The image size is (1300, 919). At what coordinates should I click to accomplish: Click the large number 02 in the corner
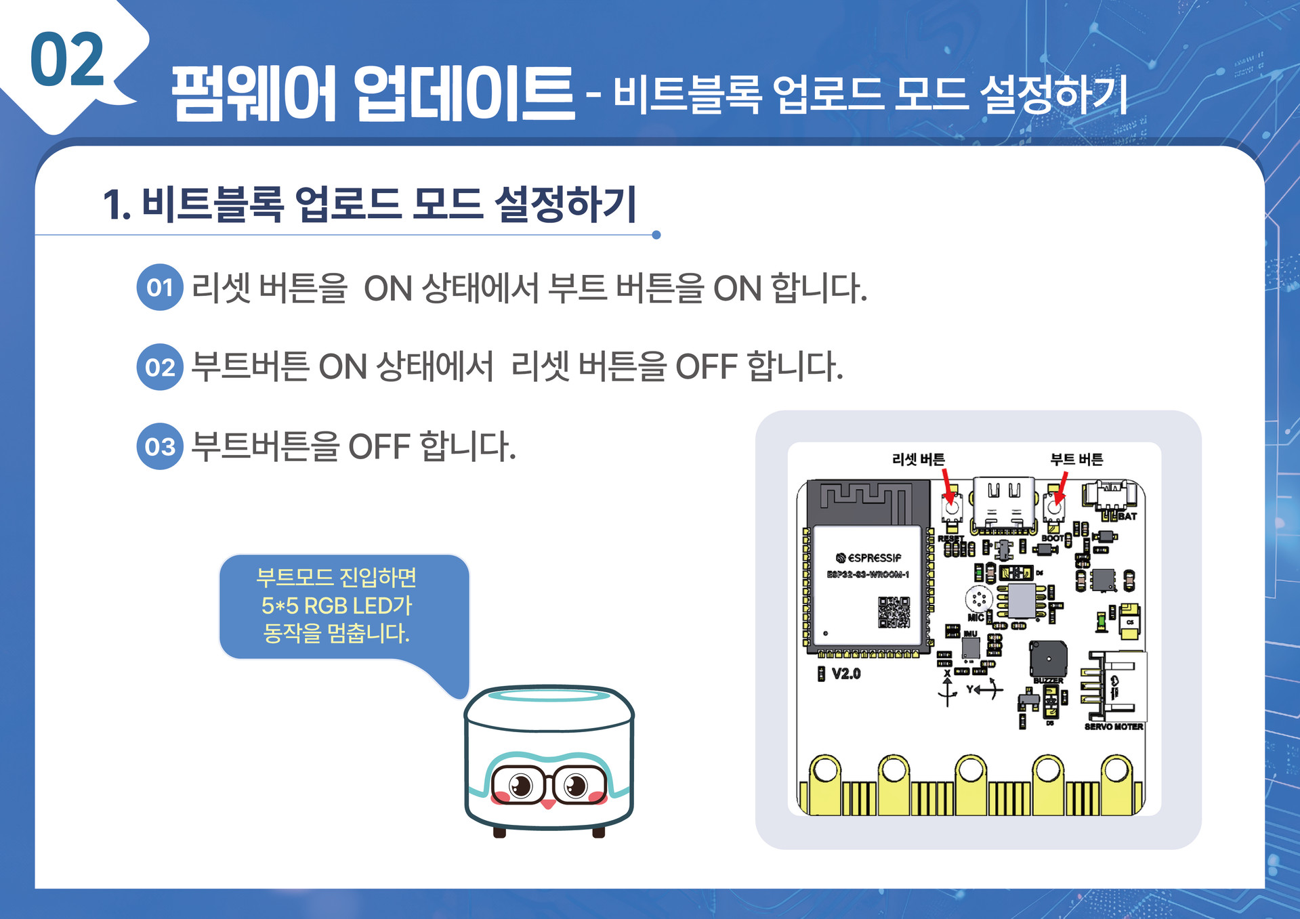click(x=66, y=61)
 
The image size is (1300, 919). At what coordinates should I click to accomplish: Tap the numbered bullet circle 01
click(x=160, y=288)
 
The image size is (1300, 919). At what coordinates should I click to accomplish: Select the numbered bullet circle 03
click(x=160, y=447)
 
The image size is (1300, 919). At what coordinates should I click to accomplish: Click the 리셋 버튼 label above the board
click(x=918, y=460)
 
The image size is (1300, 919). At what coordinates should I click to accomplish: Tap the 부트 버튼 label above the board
click(x=1076, y=460)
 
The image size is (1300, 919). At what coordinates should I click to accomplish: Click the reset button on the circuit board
click(x=951, y=505)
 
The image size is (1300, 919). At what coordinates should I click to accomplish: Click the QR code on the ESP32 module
click(x=894, y=612)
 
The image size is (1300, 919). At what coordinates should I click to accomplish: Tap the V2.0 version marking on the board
click(x=845, y=674)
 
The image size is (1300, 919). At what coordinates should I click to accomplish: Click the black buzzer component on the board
click(x=1047, y=658)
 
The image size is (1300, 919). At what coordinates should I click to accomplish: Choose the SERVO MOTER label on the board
click(x=1113, y=727)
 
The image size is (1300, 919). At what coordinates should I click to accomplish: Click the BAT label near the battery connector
click(x=1127, y=516)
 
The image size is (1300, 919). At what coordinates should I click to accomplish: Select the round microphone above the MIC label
click(x=978, y=599)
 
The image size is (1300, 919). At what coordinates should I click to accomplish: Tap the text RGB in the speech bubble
click(x=325, y=605)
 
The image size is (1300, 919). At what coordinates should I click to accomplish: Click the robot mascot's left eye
click(x=520, y=786)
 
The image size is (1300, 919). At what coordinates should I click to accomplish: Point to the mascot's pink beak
click(x=548, y=804)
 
